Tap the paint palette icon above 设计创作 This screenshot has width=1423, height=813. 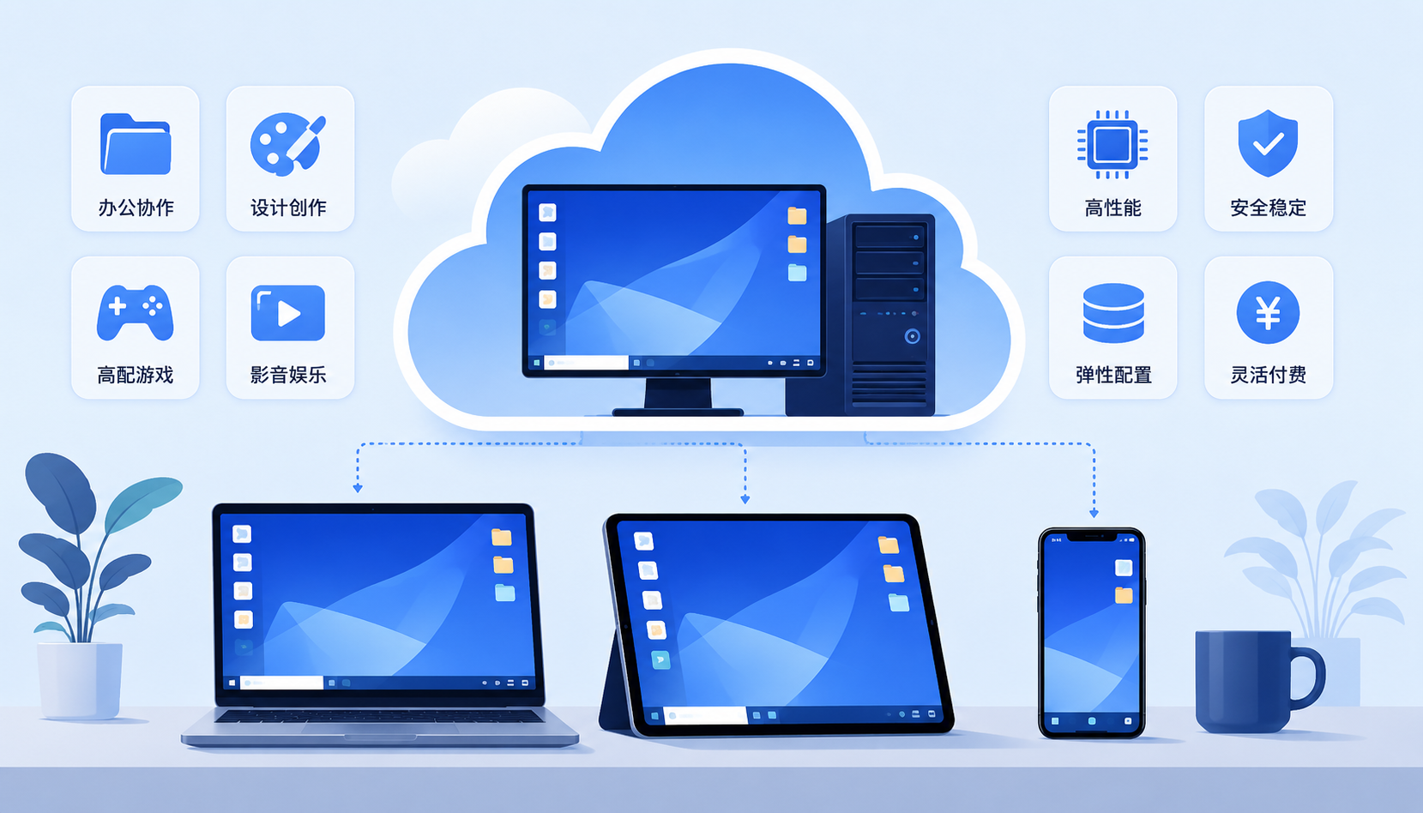(x=288, y=144)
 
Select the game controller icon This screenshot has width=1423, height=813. (x=136, y=312)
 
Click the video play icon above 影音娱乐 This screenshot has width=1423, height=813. (x=288, y=313)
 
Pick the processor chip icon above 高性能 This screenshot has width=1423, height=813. (x=1112, y=144)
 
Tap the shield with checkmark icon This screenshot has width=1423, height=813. (x=1268, y=143)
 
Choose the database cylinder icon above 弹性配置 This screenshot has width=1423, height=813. (x=1113, y=313)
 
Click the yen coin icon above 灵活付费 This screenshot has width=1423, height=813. (x=1268, y=312)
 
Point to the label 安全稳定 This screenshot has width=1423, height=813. (x=1268, y=208)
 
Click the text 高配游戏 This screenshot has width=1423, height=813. (x=136, y=375)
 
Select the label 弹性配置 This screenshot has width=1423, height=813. (x=1113, y=375)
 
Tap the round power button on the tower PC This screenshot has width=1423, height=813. (x=913, y=336)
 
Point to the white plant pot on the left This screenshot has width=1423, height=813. (x=80, y=680)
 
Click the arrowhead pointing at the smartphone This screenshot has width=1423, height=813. (x=1094, y=513)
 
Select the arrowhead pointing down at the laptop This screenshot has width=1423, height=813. (x=358, y=488)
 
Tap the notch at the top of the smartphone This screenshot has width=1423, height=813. (x=1091, y=538)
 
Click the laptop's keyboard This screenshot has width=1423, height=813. (x=379, y=716)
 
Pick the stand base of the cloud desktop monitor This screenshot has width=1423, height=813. (x=678, y=412)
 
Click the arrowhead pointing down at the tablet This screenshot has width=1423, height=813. (x=745, y=499)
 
